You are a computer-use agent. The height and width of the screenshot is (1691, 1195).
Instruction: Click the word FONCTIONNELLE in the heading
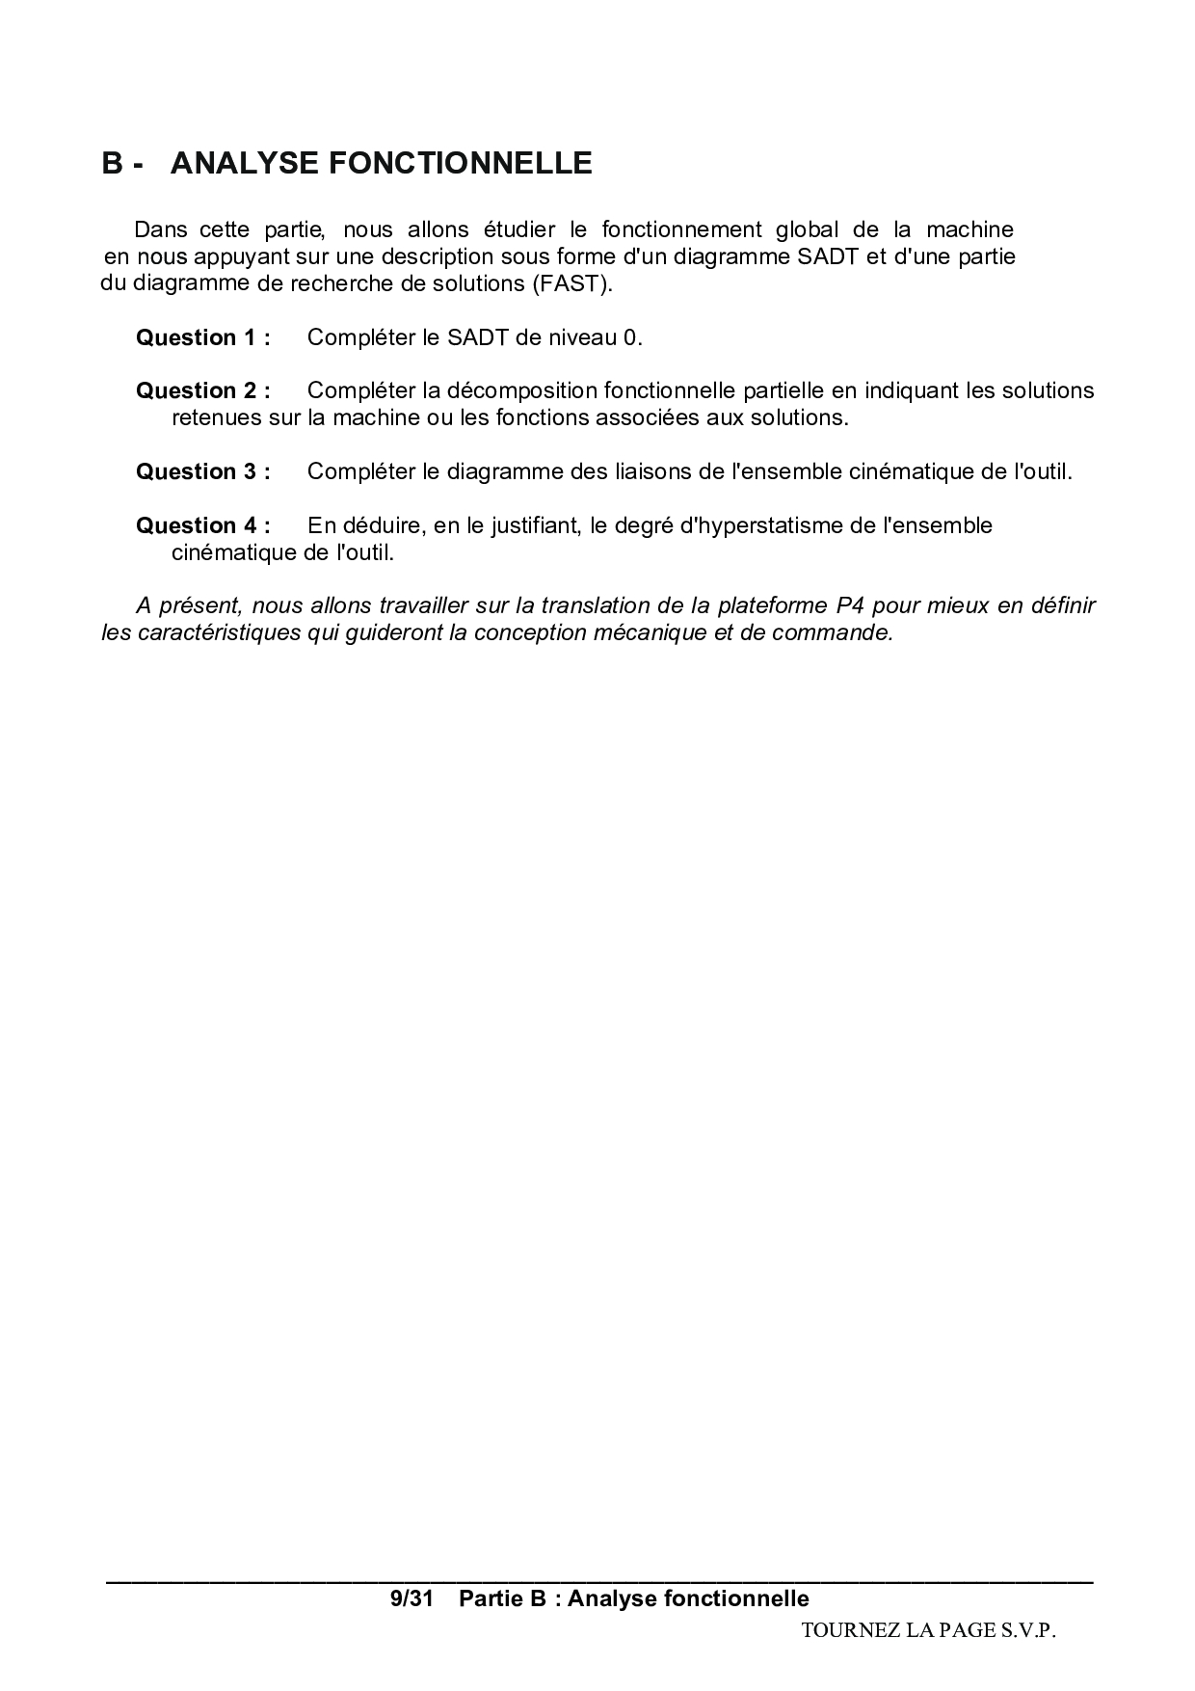click(x=461, y=164)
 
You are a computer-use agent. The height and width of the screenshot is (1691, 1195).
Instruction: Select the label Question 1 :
click(x=202, y=337)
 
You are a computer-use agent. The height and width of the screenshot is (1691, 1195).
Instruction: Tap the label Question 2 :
click(x=202, y=390)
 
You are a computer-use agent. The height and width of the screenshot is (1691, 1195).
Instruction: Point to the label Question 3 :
click(x=202, y=471)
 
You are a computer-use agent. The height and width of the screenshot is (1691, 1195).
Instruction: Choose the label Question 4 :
click(x=202, y=525)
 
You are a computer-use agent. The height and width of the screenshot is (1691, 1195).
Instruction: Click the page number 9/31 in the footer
click(x=412, y=1598)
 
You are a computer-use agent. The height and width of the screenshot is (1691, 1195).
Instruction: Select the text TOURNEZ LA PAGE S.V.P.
click(x=928, y=1630)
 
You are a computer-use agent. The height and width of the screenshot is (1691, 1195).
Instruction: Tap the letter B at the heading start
click(x=113, y=164)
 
